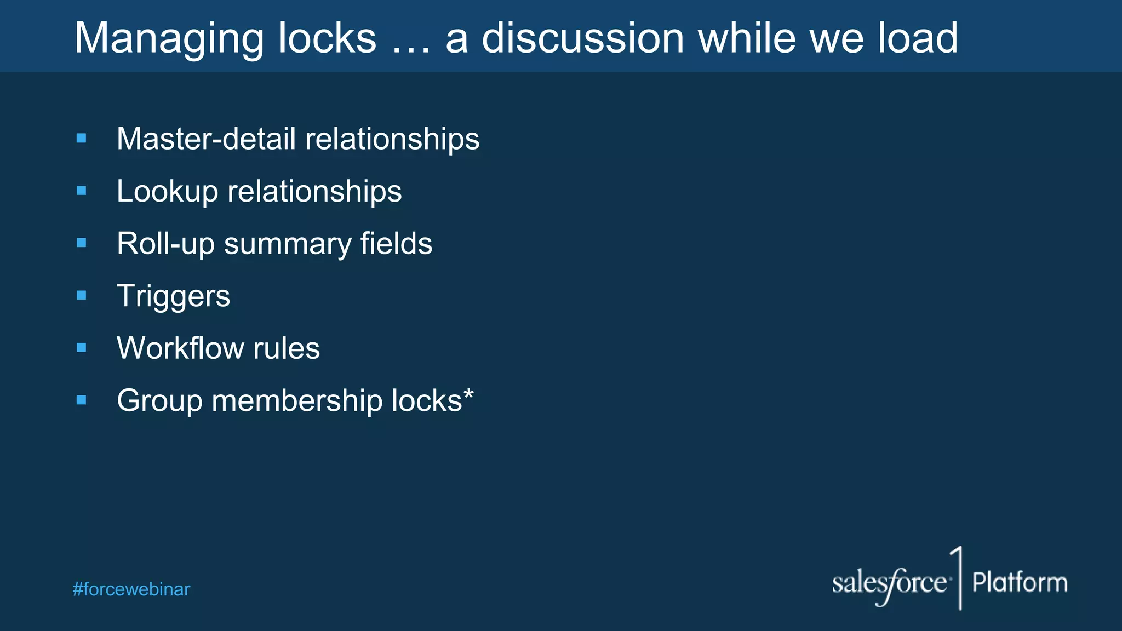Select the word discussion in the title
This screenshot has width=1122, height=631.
click(x=583, y=38)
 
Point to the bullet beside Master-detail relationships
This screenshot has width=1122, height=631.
click(x=82, y=139)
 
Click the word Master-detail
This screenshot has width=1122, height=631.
click(x=206, y=139)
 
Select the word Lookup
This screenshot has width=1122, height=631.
click(x=167, y=192)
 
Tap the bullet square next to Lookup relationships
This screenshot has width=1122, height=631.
click(x=82, y=191)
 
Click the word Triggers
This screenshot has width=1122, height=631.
click(x=173, y=296)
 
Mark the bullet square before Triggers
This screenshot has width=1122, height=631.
click(x=82, y=295)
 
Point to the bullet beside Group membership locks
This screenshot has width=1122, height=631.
click(x=82, y=400)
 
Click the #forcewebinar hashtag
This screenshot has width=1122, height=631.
click(x=131, y=589)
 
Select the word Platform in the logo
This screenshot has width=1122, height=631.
click(x=1020, y=582)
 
